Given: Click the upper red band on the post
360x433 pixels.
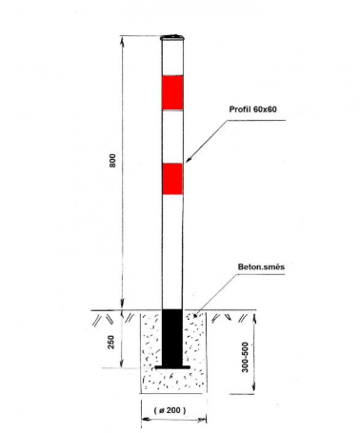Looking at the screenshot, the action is click(x=172, y=92).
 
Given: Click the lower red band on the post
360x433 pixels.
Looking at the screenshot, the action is click(x=172, y=179).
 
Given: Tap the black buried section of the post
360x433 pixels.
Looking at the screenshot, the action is click(x=172, y=338).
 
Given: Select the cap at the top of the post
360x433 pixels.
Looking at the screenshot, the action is click(x=172, y=38).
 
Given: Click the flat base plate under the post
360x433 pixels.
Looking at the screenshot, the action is click(x=172, y=367).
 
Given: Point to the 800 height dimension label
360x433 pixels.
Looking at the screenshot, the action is click(x=112, y=161).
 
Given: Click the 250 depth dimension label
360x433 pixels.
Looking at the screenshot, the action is click(x=110, y=342).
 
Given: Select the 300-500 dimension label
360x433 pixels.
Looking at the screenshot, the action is click(x=245, y=357).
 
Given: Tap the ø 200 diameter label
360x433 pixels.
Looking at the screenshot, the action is click(x=170, y=410).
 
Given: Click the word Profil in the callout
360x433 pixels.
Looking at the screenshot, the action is click(x=239, y=109).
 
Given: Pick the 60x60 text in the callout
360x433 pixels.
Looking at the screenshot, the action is click(x=265, y=109).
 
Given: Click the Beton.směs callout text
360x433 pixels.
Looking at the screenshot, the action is click(x=261, y=266).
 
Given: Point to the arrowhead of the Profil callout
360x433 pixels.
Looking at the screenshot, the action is click(x=189, y=160).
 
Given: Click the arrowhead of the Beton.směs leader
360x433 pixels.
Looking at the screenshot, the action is click(x=196, y=314).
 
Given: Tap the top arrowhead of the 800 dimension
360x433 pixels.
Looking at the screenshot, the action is click(x=122, y=40).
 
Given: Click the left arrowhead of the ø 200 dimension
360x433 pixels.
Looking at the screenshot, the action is click(x=146, y=420).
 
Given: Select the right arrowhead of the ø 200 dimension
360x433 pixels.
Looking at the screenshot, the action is click(x=202, y=421).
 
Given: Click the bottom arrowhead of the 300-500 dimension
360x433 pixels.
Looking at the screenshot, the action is click(x=253, y=388).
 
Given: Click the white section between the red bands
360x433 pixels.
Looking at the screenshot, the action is click(x=172, y=137).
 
